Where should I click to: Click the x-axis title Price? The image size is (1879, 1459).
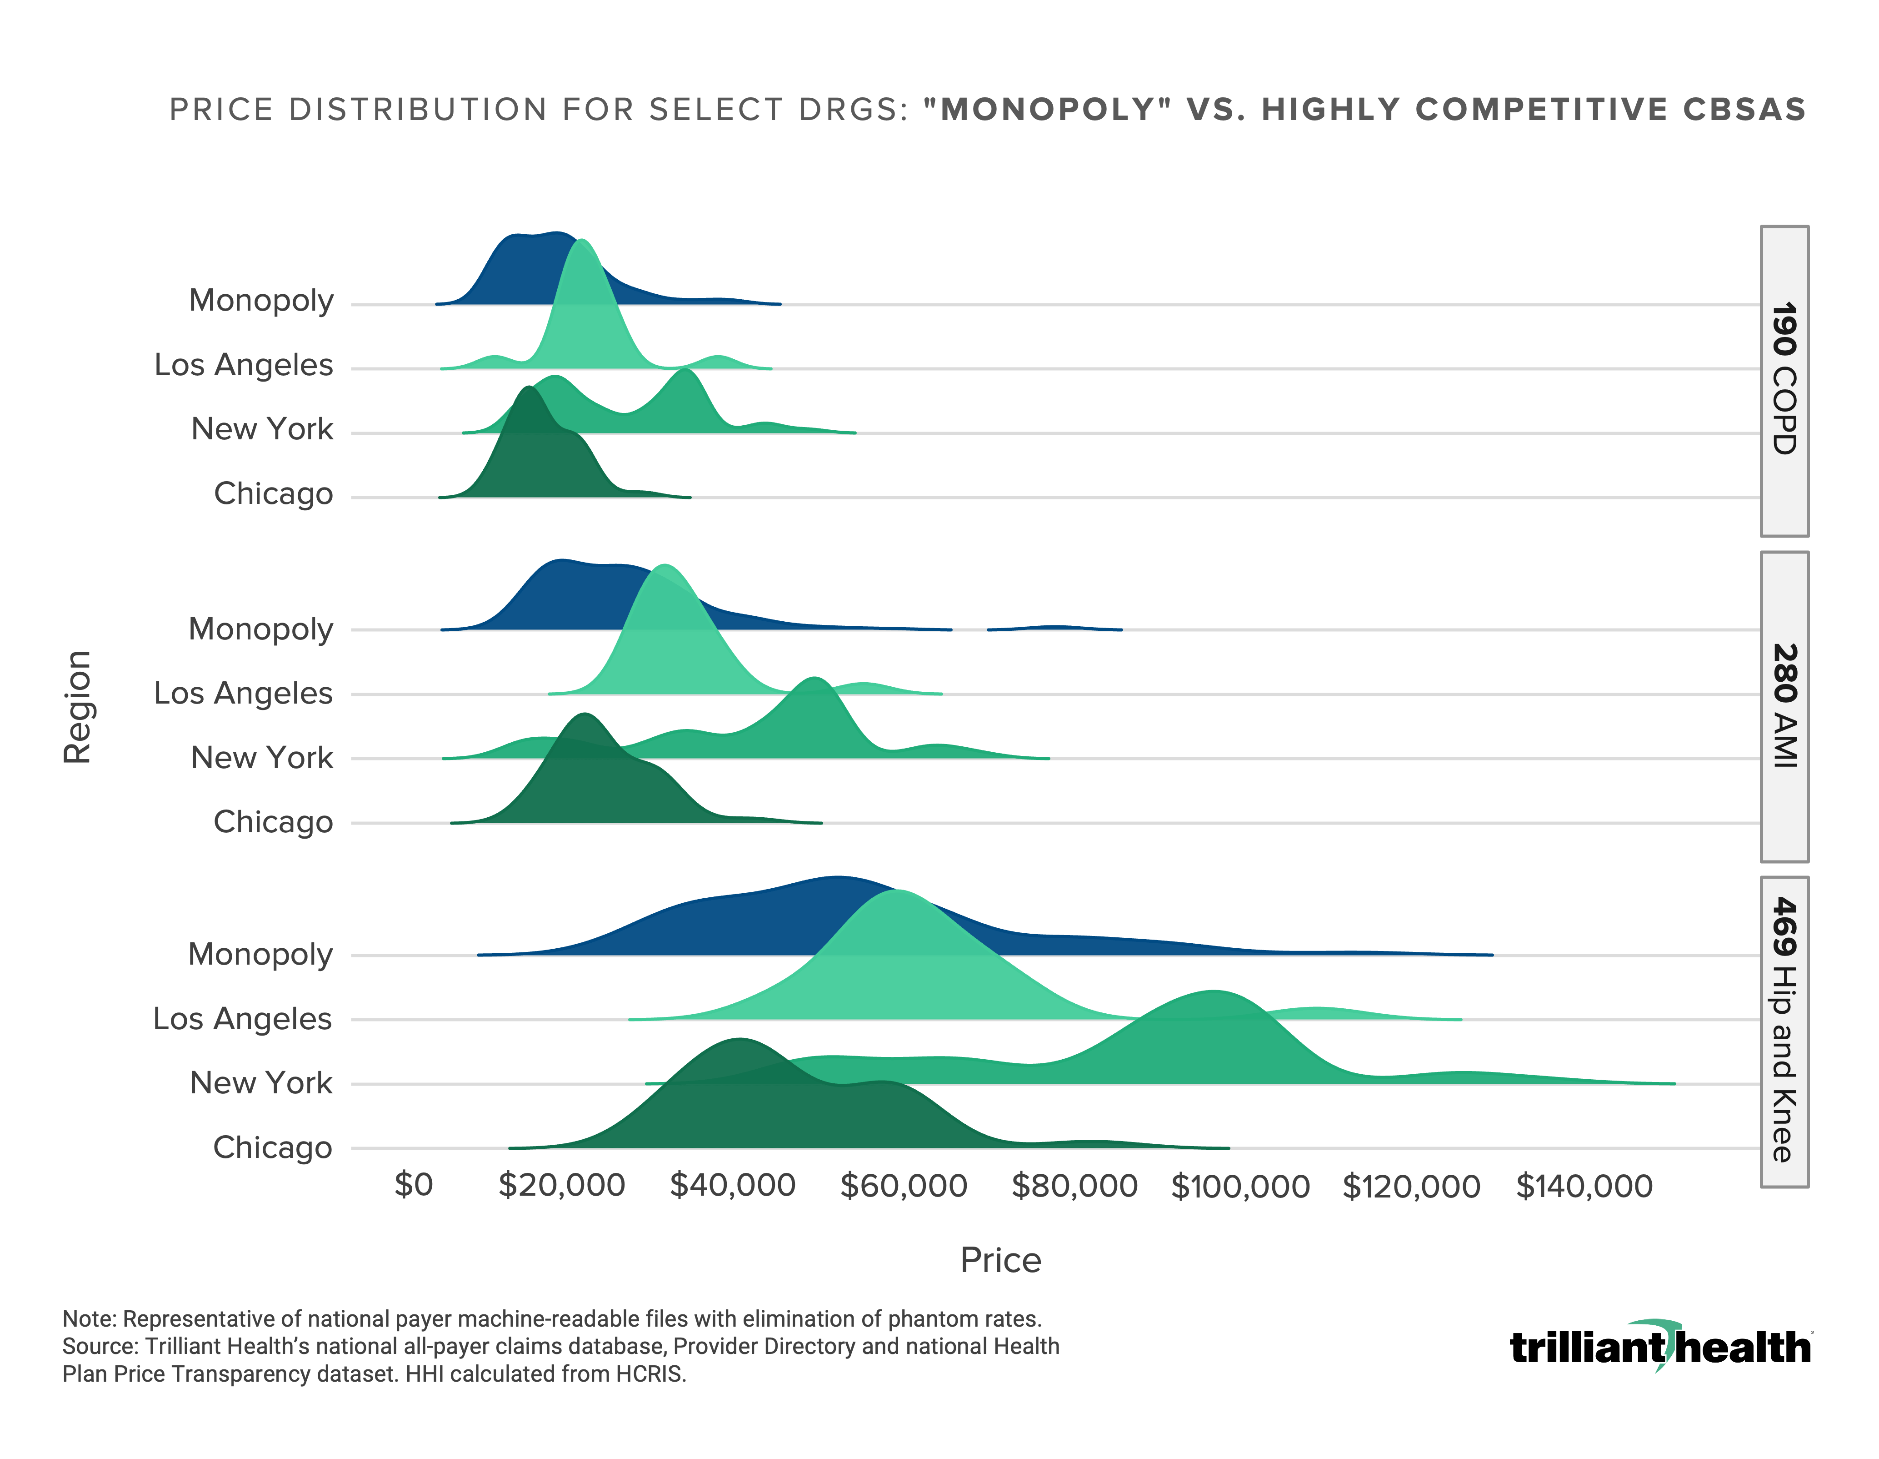point(1000,1260)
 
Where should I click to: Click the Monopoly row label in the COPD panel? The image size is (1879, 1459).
point(261,301)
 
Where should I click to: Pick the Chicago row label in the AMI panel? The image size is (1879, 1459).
point(273,822)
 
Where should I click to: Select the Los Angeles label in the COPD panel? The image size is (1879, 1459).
point(244,365)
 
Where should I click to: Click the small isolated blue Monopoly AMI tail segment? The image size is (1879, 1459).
point(1054,628)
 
